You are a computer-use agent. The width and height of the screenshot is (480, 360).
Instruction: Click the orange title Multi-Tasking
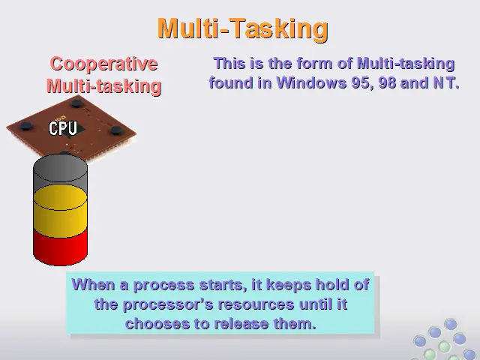tap(243, 28)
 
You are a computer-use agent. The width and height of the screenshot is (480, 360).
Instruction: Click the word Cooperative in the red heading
tap(103, 64)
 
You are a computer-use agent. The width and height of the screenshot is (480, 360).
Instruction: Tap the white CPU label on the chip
tap(63, 128)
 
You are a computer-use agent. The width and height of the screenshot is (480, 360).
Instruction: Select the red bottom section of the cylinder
tap(60, 247)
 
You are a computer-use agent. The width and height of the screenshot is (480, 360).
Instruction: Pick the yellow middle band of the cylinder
tap(60, 211)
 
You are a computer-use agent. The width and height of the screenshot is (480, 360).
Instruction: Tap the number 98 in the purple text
tap(388, 82)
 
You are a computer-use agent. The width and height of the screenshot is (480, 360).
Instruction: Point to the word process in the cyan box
tap(163, 285)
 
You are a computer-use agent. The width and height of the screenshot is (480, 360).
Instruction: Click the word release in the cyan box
tap(241, 324)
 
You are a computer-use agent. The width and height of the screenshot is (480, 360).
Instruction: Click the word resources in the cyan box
tap(256, 305)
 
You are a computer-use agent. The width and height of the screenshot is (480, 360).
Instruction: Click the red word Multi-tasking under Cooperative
tap(104, 86)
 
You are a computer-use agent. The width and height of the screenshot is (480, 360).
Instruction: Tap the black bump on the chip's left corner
tap(26, 126)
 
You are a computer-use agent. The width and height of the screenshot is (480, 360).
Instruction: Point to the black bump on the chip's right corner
tap(117, 130)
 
